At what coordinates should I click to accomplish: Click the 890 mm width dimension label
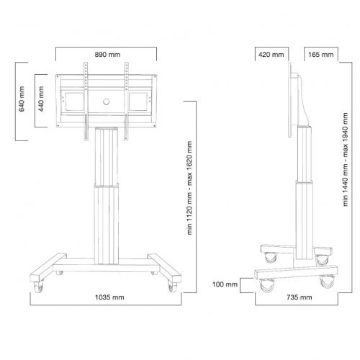pyautogui.click(x=107, y=54)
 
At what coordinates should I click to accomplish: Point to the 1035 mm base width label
pyautogui.click(x=107, y=296)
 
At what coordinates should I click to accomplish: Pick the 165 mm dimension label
pyautogui.click(x=320, y=54)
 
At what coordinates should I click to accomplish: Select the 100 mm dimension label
pyautogui.click(x=226, y=285)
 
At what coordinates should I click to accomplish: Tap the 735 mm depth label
pyautogui.click(x=296, y=296)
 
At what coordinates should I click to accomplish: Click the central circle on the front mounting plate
pyautogui.click(x=107, y=101)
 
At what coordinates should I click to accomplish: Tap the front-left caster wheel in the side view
pyautogui.click(x=265, y=283)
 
